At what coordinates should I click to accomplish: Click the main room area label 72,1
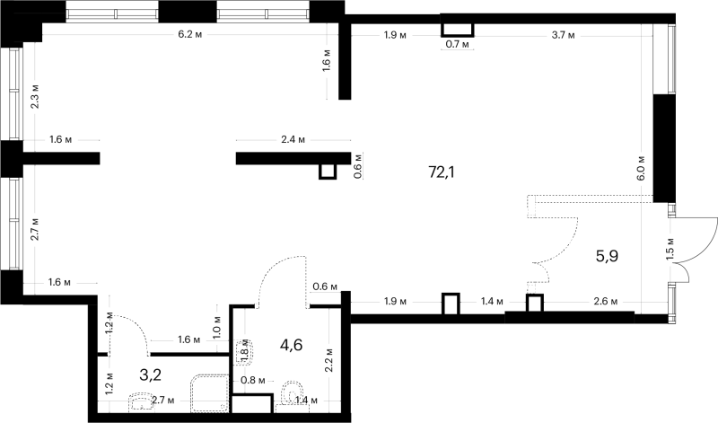(x=442, y=172)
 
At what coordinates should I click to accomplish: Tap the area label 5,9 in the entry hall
(x=607, y=256)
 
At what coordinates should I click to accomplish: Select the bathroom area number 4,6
(x=291, y=344)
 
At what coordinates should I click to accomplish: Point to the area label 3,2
(x=150, y=375)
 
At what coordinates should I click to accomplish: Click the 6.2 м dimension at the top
(x=190, y=35)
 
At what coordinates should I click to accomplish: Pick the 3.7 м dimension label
(x=564, y=35)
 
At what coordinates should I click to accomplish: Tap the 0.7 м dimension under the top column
(x=458, y=44)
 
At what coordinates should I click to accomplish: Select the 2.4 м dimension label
(x=293, y=140)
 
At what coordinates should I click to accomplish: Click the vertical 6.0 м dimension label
(x=641, y=167)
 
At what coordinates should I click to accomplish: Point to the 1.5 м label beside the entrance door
(x=670, y=249)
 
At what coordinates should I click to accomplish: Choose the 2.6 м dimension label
(x=605, y=302)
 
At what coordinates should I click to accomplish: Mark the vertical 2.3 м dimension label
(x=35, y=96)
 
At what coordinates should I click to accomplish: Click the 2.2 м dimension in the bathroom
(x=329, y=360)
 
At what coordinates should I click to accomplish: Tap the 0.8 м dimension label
(x=253, y=380)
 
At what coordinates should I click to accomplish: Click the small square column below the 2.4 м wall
(x=328, y=171)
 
